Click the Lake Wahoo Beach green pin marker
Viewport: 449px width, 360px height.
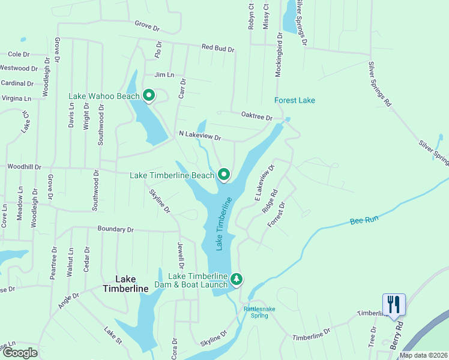(x=149, y=95)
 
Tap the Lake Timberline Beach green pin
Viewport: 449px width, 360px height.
(x=224, y=175)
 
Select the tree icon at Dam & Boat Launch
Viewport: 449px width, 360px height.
(x=237, y=279)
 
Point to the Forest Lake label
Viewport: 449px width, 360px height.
(x=295, y=100)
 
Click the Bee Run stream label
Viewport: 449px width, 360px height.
(x=364, y=221)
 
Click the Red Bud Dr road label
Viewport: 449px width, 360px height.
(x=217, y=47)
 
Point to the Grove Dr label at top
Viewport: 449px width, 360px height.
(x=147, y=26)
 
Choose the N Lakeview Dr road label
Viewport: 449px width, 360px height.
(x=200, y=136)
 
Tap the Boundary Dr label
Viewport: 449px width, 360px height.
(x=115, y=229)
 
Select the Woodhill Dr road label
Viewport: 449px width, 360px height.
(x=24, y=167)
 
